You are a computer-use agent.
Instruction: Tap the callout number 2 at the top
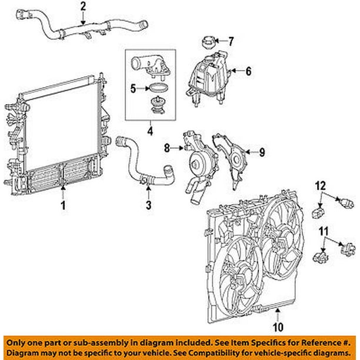click(83, 7)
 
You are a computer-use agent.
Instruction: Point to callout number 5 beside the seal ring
click(133, 89)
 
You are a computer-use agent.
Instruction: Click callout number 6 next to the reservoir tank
click(248, 72)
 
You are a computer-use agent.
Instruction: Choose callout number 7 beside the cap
click(231, 41)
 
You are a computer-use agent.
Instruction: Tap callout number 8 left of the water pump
click(166, 148)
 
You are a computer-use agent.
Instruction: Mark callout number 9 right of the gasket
click(262, 152)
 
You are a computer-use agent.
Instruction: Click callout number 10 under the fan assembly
click(277, 324)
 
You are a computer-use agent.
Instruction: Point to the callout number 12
click(321, 187)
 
